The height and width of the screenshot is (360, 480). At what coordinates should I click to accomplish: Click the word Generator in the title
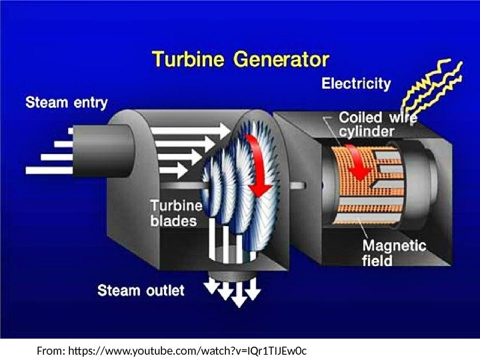[280, 61]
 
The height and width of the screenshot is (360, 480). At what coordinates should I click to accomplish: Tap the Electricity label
[356, 84]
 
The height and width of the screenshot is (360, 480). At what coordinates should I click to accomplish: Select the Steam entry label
[66, 103]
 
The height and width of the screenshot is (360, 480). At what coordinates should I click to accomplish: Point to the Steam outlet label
[141, 291]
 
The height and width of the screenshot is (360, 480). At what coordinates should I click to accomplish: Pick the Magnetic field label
[393, 253]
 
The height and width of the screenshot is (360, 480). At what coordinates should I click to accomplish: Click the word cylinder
[368, 131]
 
